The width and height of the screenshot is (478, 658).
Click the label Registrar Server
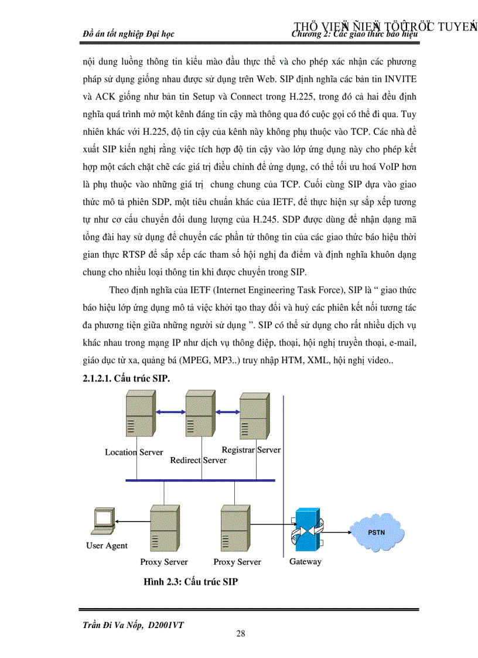(251, 450)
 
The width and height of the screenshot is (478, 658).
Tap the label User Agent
(107, 546)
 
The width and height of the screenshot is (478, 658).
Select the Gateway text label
(305, 561)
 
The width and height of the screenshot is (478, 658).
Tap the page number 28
(240, 633)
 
